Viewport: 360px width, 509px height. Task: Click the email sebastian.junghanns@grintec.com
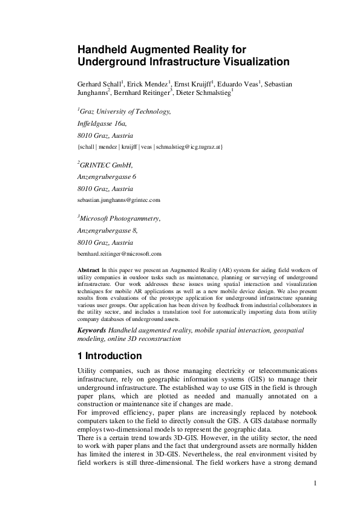pos(119,199)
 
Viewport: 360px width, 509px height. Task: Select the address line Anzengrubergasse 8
pos(108,230)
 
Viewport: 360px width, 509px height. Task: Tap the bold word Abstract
pos(89,269)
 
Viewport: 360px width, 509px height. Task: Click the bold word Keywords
pos(93,331)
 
